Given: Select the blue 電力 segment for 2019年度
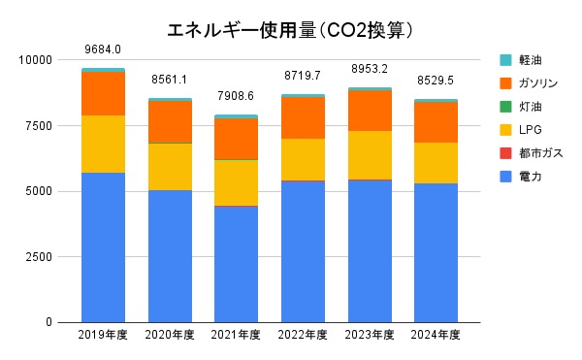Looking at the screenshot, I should coord(103,247).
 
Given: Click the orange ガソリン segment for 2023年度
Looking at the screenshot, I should coord(369,111).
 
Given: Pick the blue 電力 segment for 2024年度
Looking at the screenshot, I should coord(436,252).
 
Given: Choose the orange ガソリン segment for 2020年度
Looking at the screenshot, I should coord(169,122).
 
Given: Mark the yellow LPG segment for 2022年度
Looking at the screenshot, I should coord(303,159).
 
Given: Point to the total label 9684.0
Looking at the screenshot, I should coord(103,49).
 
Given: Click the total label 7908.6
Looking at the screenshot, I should coord(236,96).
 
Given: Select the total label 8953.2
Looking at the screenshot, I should coord(369,69).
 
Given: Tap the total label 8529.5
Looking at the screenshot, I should coord(436,80).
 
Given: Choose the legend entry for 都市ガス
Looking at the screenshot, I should coord(540,153).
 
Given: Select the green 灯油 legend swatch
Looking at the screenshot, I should coord(505,107).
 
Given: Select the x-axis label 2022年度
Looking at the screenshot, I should coord(303,335).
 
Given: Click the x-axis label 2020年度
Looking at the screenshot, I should coord(169,335).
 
